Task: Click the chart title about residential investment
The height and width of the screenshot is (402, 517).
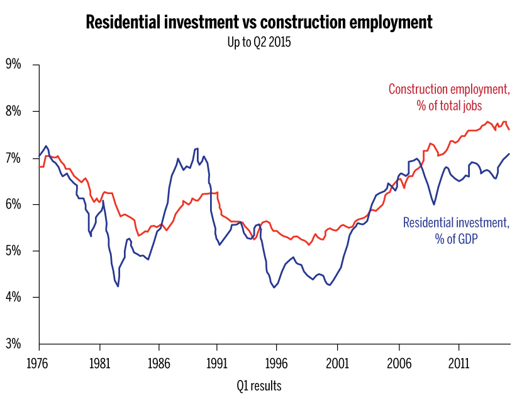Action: pos(258,23)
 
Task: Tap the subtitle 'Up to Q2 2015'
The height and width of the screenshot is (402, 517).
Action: pos(258,43)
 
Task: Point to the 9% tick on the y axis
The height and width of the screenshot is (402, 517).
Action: pos(14,65)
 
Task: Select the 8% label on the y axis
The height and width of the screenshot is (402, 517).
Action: pos(14,112)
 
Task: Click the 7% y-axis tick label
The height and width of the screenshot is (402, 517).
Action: pos(14,158)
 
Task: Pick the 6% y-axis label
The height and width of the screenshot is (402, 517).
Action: pos(14,205)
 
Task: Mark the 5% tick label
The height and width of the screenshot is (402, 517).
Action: pos(14,251)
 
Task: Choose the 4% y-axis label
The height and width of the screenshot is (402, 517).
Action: pos(14,298)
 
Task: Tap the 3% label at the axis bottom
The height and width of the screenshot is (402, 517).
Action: pos(14,344)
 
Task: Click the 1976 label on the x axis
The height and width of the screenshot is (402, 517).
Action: pos(39,363)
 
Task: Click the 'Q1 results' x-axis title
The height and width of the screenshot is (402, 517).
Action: pos(259,384)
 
